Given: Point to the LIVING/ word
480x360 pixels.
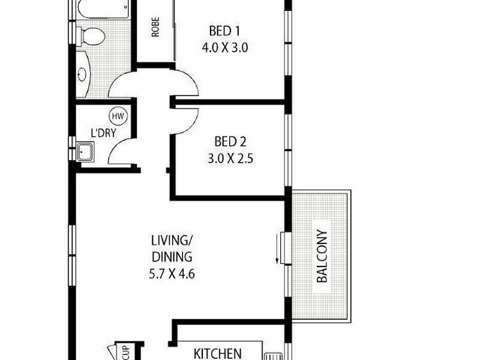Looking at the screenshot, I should coord(172,241).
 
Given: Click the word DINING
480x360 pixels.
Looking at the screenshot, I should coord(172,258).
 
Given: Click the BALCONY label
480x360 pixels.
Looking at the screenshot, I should coord(322,256).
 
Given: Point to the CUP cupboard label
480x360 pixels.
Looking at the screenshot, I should coord(126,351).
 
